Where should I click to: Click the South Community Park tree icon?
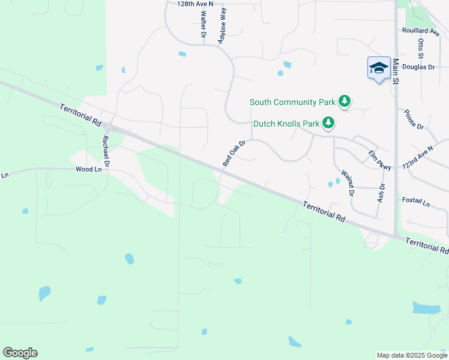[344, 101]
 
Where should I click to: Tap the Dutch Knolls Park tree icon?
[328, 124]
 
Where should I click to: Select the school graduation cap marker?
[379, 67]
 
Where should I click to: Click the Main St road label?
[396, 71]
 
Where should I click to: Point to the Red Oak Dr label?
[234, 154]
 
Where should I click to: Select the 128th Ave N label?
[195, 4]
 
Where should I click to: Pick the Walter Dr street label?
[203, 25]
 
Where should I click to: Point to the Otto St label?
[421, 49]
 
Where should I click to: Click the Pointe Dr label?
[414, 119]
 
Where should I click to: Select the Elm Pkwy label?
[379, 160]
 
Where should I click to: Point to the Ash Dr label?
[381, 192]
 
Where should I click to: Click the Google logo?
[20, 353]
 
